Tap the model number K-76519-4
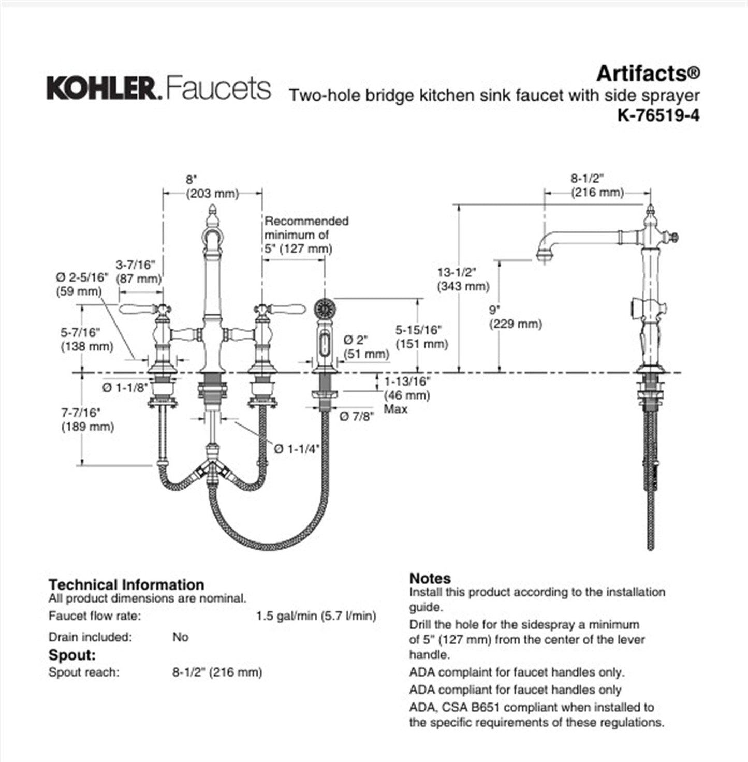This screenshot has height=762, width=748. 658,115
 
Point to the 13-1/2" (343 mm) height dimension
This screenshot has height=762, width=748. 462,279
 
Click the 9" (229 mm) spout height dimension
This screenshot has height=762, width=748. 515,317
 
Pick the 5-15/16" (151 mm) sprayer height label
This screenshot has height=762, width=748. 421,336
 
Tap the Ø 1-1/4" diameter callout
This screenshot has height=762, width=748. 297,449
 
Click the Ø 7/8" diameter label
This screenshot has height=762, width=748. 356,416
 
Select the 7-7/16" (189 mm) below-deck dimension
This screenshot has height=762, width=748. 87,419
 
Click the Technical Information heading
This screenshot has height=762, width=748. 126,584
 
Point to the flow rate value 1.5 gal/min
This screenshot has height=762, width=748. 316,616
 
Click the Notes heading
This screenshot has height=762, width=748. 430,578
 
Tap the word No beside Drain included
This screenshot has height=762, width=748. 180,637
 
